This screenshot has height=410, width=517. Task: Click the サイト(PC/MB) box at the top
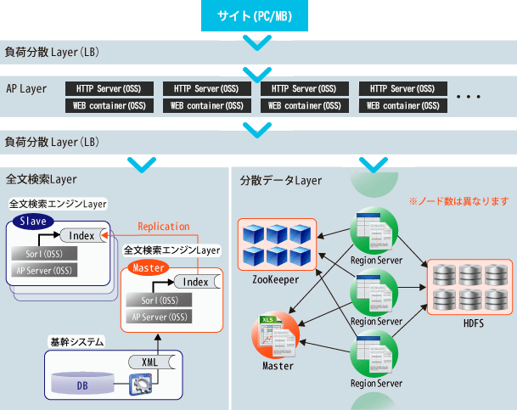click(x=259, y=15)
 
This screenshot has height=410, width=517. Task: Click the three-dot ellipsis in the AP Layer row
click(x=469, y=98)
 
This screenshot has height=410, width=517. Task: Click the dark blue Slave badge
click(x=31, y=221)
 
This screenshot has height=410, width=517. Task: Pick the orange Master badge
click(x=146, y=267)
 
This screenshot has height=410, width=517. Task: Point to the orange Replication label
click(x=164, y=227)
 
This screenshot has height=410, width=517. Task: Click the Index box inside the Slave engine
click(x=82, y=236)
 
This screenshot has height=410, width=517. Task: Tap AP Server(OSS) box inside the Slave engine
click(x=44, y=270)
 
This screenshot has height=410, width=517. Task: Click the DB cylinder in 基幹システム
click(x=82, y=385)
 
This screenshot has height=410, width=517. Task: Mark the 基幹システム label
click(x=76, y=341)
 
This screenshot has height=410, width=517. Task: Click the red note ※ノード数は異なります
click(x=458, y=202)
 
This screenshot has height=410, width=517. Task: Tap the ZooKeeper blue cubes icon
click(x=277, y=244)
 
